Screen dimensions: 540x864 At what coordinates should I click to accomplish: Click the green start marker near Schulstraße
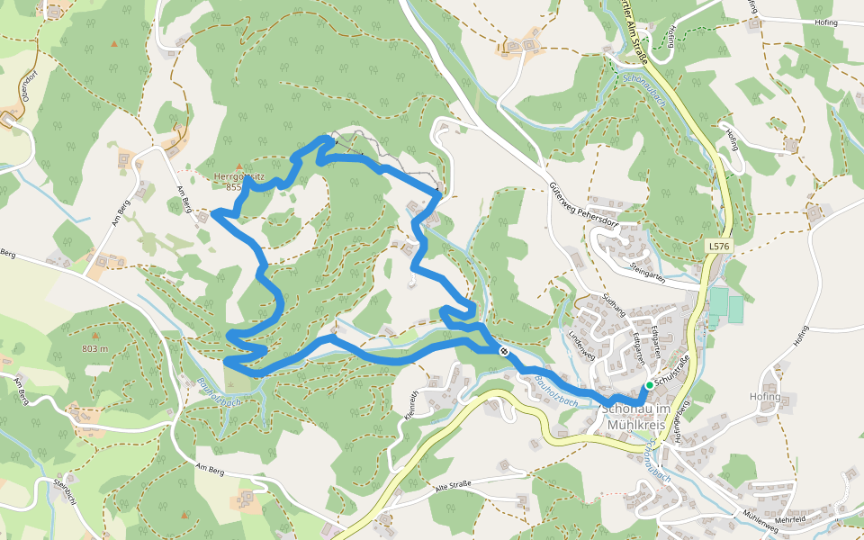tap(649, 385)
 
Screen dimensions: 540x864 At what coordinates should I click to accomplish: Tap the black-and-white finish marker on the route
tap(503, 351)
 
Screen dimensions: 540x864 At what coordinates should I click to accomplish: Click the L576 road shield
tap(716, 245)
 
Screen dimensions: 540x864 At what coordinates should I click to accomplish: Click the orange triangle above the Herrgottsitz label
tap(238, 166)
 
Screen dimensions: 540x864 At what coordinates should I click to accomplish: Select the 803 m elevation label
tap(94, 348)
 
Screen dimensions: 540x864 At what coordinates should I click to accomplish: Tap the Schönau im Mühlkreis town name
tap(634, 415)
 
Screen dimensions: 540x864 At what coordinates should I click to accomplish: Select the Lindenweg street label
tap(581, 343)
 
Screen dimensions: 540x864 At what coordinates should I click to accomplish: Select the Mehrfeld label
tap(789, 519)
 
